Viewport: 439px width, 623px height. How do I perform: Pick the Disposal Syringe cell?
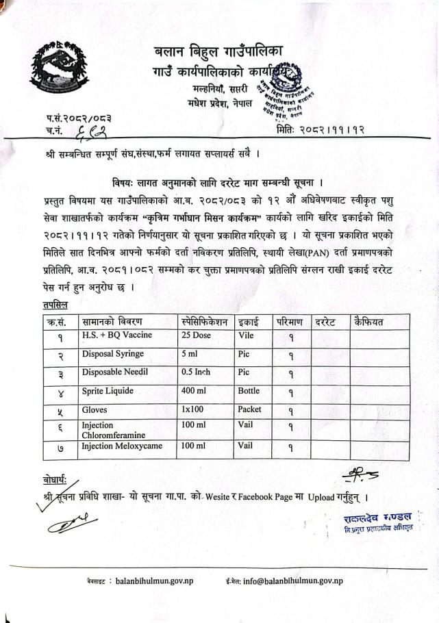pyautogui.click(x=113, y=354)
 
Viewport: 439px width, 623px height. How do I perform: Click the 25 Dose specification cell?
pyautogui.click(x=197, y=335)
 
